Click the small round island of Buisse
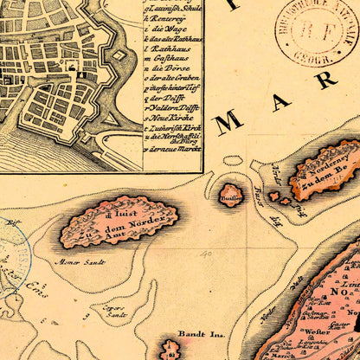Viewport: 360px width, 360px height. click(231, 194)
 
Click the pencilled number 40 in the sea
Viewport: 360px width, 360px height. click(206, 255)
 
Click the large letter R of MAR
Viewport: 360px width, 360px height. click(325, 80)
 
